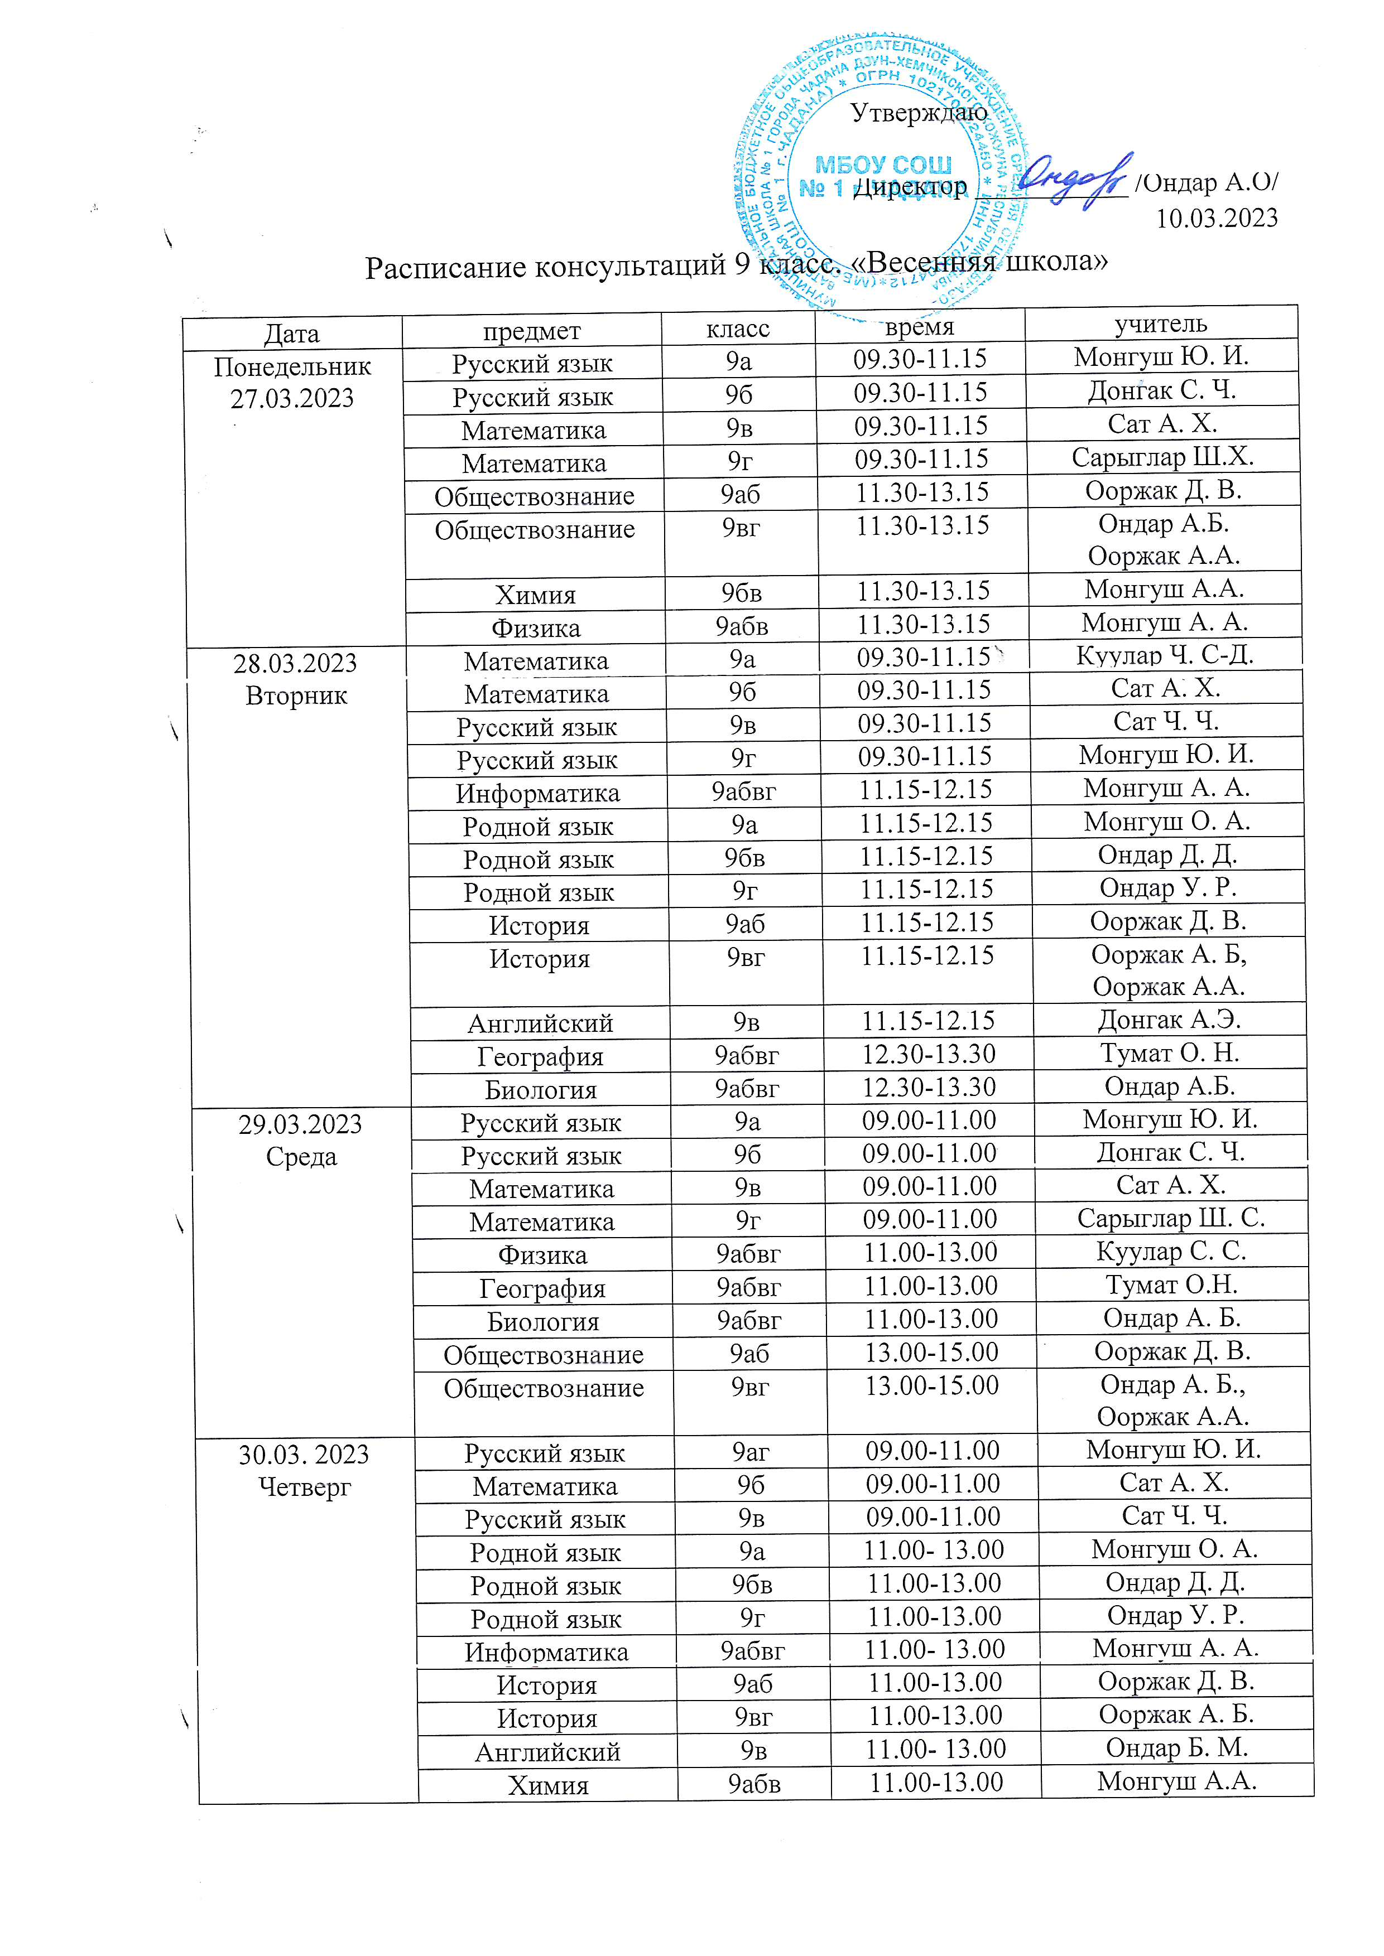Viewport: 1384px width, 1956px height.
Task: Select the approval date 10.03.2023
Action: click(x=1216, y=218)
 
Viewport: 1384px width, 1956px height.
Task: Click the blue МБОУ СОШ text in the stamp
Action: click(x=883, y=165)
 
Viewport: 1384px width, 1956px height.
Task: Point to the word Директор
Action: click(x=911, y=187)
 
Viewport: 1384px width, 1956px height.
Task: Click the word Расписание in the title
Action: click(x=445, y=268)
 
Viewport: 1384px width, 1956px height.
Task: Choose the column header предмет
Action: click(x=532, y=331)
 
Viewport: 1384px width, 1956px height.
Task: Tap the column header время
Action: click(x=920, y=327)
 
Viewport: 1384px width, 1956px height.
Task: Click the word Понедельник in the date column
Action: click(x=292, y=367)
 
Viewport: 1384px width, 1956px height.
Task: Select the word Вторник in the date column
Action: click(x=296, y=696)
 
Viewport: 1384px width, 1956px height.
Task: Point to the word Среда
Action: click(x=301, y=1157)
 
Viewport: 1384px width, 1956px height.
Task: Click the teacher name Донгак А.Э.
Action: click(x=1169, y=1020)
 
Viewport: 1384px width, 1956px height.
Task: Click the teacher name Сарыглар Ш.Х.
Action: click(x=1162, y=457)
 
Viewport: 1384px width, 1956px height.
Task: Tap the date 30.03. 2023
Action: click(x=304, y=1454)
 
